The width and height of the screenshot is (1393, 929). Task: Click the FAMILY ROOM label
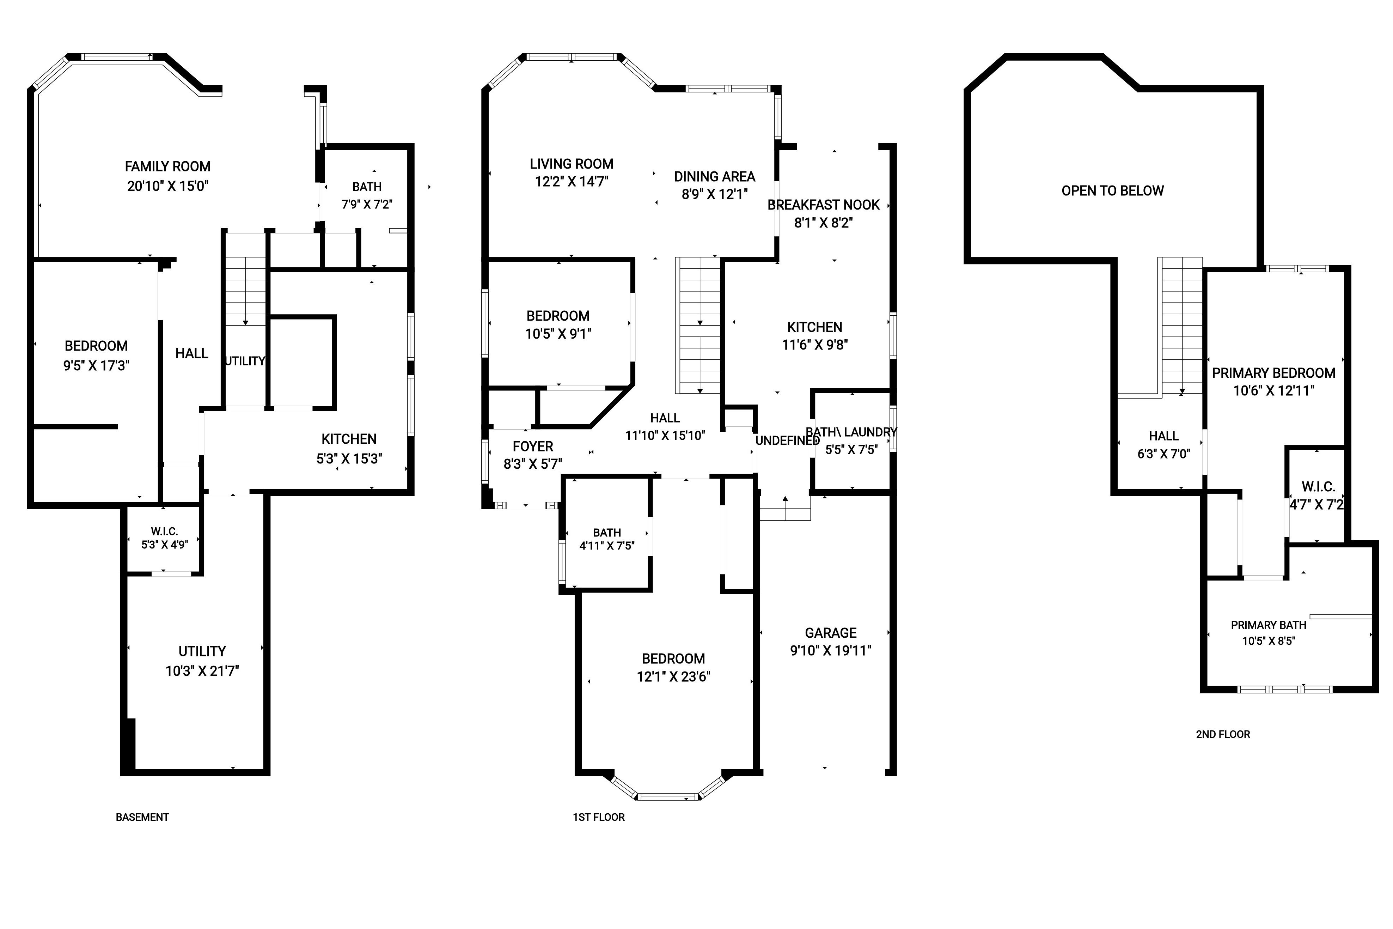(x=167, y=166)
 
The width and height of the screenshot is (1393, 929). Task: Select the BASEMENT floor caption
(x=142, y=817)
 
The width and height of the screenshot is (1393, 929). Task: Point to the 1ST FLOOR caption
(x=598, y=817)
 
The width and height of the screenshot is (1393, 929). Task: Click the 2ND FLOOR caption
(x=1223, y=734)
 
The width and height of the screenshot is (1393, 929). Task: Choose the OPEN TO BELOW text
(x=1112, y=191)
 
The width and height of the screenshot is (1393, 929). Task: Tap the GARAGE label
(x=830, y=633)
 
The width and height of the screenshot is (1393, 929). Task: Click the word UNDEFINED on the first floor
(x=787, y=441)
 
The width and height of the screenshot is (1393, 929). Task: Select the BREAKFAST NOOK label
(x=823, y=205)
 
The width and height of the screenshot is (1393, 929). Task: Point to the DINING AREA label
(x=714, y=177)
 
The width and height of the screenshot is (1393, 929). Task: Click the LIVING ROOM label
(x=572, y=164)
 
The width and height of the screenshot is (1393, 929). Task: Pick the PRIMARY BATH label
(x=1269, y=625)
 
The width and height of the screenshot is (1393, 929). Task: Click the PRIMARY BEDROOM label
(x=1273, y=373)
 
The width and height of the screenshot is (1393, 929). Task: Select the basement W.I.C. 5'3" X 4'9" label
(x=164, y=538)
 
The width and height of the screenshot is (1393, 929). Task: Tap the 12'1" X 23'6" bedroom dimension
(x=673, y=676)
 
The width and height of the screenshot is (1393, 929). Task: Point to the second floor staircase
(x=1180, y=326)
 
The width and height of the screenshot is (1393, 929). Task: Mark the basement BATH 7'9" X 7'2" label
(x=367, y=195)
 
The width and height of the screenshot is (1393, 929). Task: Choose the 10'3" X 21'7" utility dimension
(x=202, y=671)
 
